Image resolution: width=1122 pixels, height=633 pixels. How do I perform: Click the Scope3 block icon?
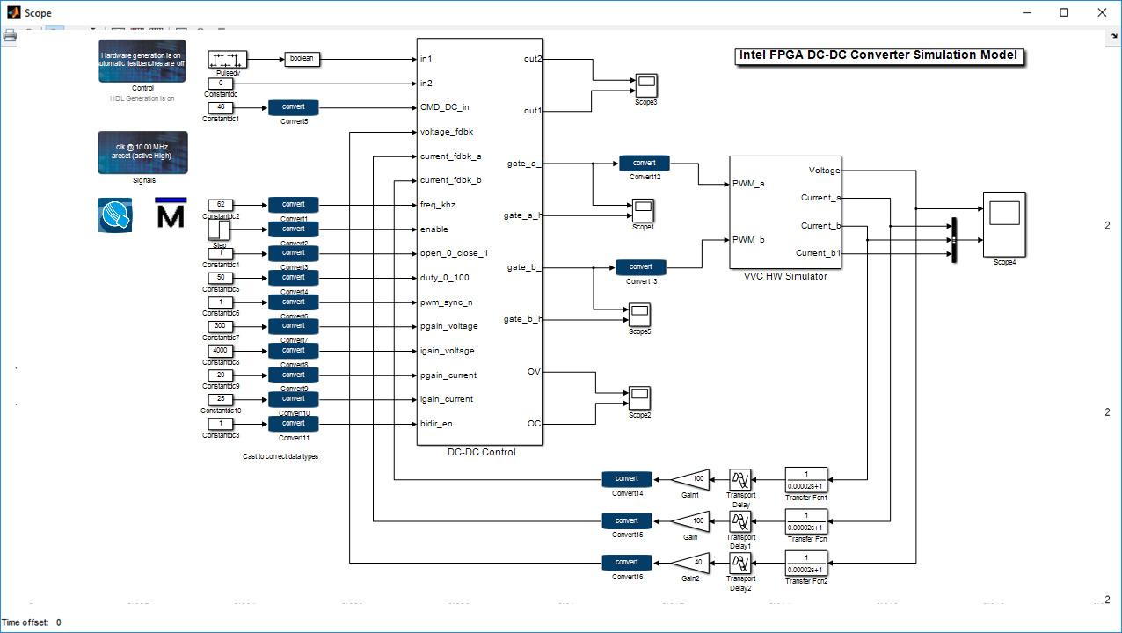(646, 85)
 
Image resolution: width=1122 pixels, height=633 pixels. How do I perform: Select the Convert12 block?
(644, 163)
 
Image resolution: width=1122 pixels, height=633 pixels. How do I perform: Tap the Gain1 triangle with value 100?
(690, 479)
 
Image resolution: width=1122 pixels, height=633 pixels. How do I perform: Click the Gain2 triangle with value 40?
(690, 563)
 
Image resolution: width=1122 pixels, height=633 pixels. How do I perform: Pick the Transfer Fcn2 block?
(806, 563)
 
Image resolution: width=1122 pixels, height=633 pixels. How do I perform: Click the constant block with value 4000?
(221, 351)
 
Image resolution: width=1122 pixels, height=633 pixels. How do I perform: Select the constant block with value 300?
(221, 326)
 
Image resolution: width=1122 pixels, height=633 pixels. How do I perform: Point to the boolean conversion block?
(301, 59)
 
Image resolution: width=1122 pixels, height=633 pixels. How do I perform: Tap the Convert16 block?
(627, 563)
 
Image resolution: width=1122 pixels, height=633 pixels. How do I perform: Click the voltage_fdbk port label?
(448, 132)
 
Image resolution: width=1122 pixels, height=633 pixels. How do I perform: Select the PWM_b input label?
(748, 239)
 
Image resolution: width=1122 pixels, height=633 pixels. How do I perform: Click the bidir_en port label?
(437, 424)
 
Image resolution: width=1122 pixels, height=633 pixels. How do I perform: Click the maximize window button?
(1064, 12)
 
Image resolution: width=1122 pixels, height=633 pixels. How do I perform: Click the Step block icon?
(220, 229)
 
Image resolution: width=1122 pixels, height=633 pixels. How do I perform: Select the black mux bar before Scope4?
(952, 239)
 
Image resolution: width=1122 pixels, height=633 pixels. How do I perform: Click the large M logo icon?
(171, 214)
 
